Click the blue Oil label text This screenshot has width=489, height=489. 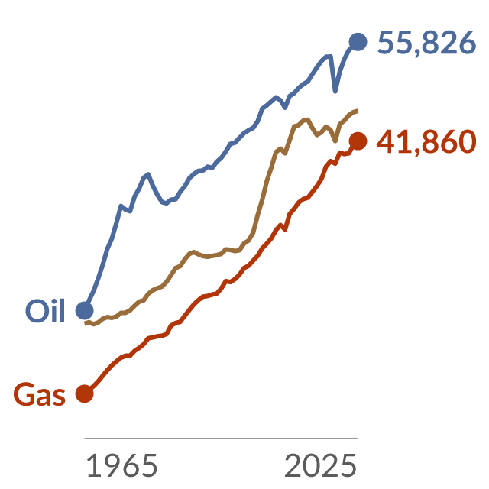[45, 311]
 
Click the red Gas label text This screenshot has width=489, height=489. [39, 394]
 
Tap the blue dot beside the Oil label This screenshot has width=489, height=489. [85, 311]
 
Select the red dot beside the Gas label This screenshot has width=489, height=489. [85, 393]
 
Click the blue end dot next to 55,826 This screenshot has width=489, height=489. [358, 41]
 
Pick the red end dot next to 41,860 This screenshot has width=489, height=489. [358, 141]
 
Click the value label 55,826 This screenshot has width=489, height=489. [426, 43]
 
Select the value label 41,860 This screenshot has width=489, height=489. [426, 142]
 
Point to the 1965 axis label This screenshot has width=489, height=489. [121, 465]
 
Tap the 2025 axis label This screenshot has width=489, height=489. [320, 465]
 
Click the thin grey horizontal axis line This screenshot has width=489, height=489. [221, 438]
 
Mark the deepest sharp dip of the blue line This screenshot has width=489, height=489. [335, 92]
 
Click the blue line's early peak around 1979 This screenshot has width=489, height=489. [148, 173]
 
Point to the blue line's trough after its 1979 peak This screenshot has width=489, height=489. [167, 204]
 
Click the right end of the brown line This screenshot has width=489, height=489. [358, 111]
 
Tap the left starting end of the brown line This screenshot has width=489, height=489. [85, 323]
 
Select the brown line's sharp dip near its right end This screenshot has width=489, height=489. [335, 141]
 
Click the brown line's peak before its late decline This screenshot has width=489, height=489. [307, 119]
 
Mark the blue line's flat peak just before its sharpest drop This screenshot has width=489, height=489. [329, 56]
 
